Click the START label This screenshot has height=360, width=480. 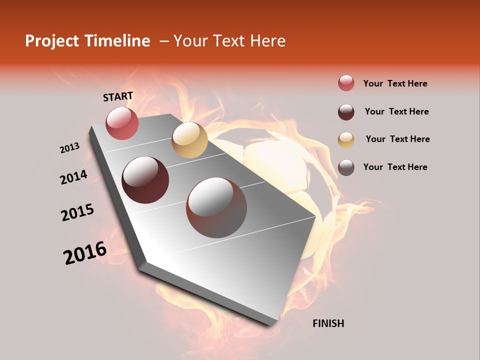pyautogui.click(x=118, y=96)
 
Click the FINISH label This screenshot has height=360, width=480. pyautogui.click(x=328, y=323)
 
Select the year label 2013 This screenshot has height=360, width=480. pyautogui.click(x=69, y=148)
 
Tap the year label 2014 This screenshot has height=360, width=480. pyautogui.click(x=73, y=177)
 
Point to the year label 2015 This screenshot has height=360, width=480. pyautogui.click(x=77, y=212)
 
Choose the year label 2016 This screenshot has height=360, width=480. pyautogui.click(x=85, y=253)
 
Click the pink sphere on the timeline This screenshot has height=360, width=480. pyautogui.click(x=122, y=123)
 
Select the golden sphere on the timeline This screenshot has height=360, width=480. pyautogui.click(x=189, y=140)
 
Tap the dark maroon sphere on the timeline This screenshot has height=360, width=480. pyautogui.click(x=145, y=180)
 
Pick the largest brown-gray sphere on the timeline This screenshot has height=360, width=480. pyautogui.click(x=216, y=207)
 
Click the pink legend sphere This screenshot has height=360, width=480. pyautogui.click(x=346, y=83)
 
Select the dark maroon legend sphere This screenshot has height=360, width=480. pyautogui.click(x=346, y=112)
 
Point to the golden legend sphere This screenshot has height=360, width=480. pyautogui.click(x=346, y=139)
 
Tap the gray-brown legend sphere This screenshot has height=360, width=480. pyautogui.click(x=346, y=167)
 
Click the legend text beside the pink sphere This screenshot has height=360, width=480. pyautogui.click(x=395, y=83)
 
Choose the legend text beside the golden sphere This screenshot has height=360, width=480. pyautogui.click(x=397, y=139)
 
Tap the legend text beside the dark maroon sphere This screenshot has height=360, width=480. pyautogui.click(x=396, y=111)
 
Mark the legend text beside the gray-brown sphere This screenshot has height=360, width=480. pyautogui.click(x=395, y=167)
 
